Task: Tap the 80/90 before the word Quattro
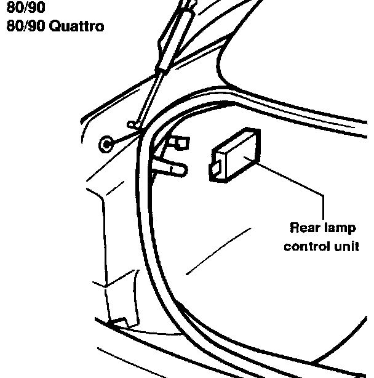click(20, 26)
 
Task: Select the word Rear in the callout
click(303, 229)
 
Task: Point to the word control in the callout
click(303, 246)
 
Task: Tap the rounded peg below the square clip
click(174, 167)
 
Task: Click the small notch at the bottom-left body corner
click(116, 321)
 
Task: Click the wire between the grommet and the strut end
click(120, 137)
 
